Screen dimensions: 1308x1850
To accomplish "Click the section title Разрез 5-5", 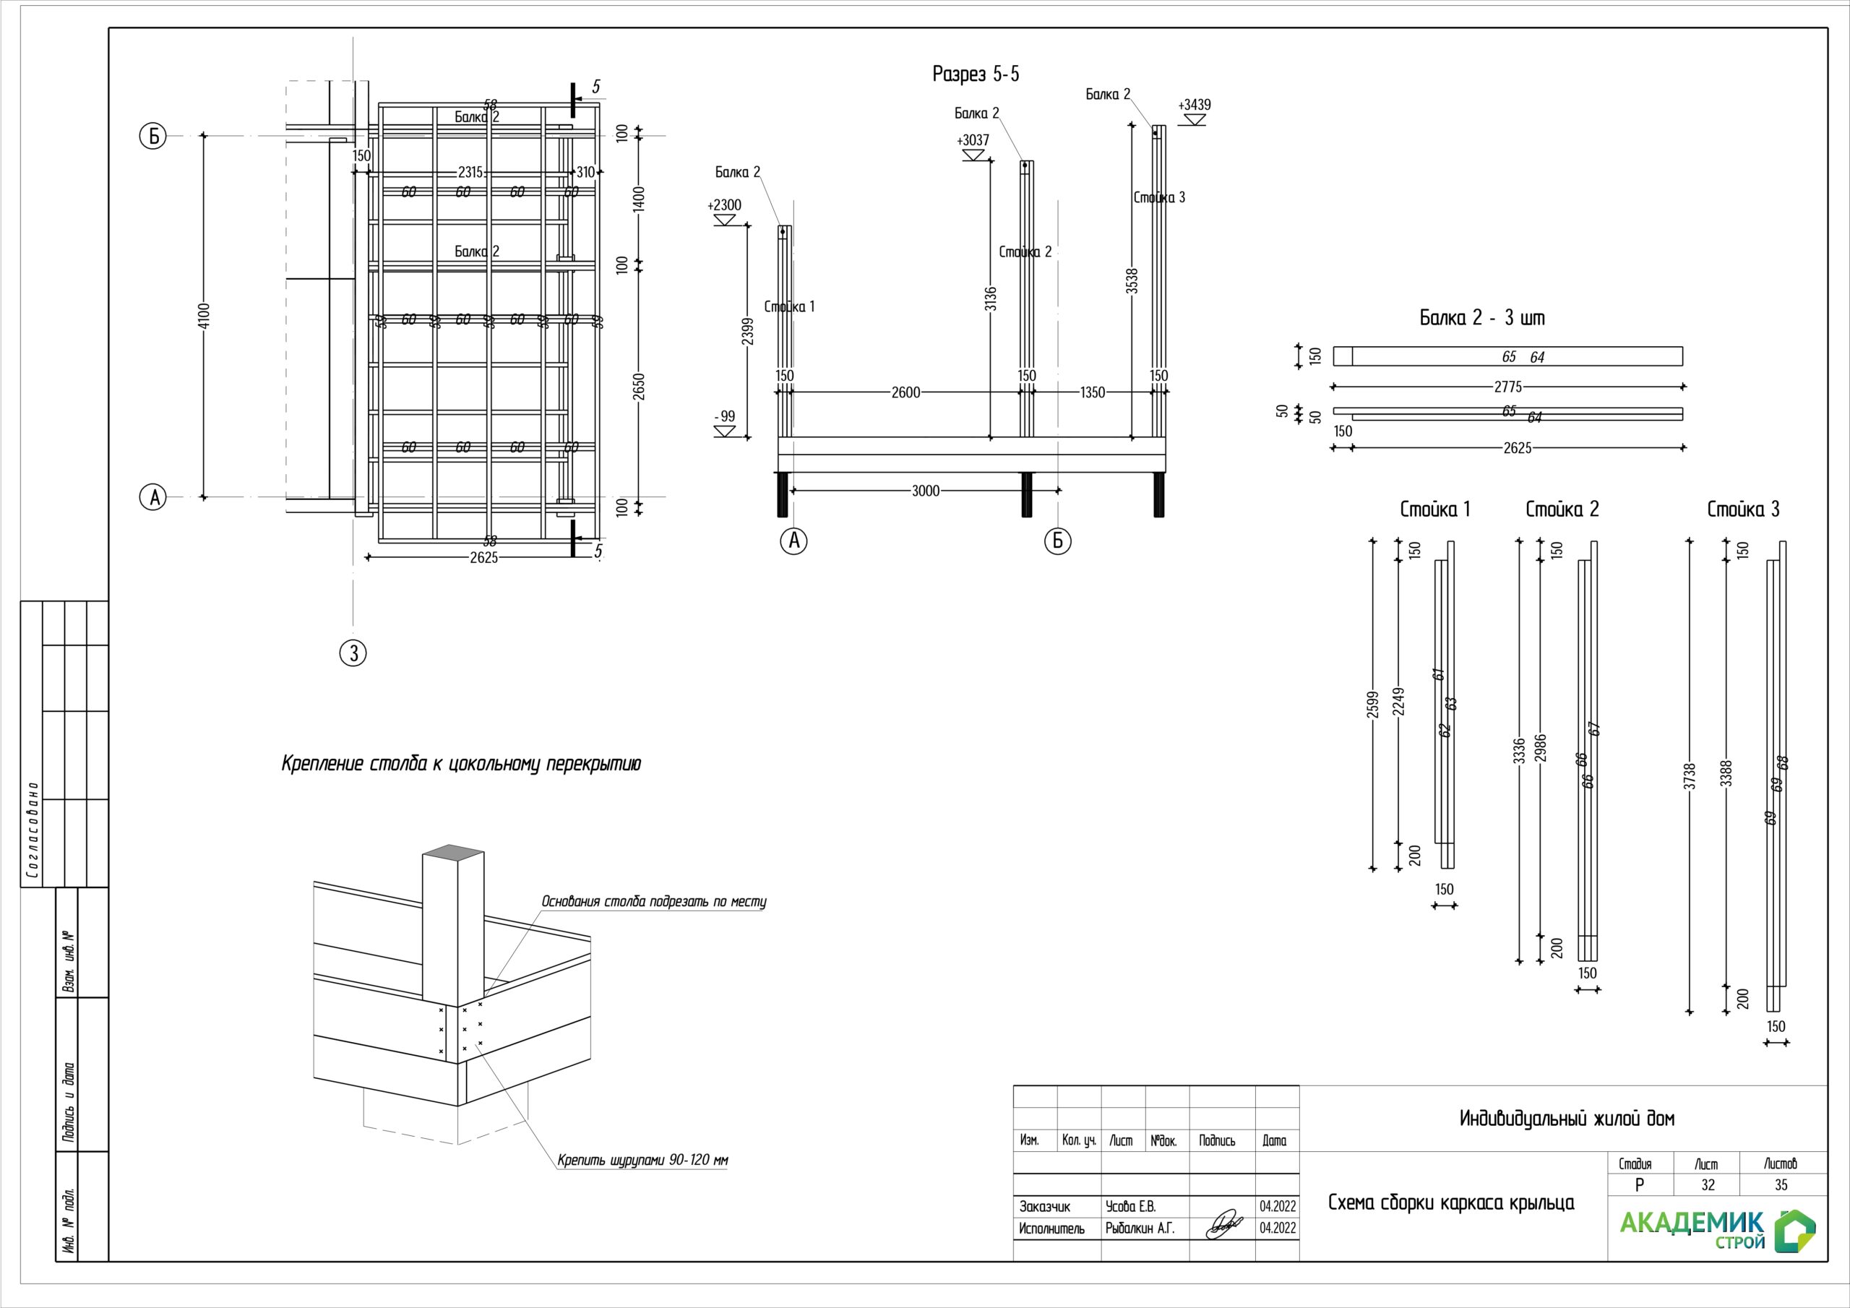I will point(975,74).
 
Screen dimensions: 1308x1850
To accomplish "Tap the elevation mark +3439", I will point(1194,106).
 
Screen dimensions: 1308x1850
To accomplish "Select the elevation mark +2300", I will point(724,205).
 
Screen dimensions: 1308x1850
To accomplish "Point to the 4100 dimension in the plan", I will point(204,315).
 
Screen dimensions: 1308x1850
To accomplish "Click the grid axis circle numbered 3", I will point(353,653).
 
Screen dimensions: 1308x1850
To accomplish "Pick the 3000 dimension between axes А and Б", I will point(925,491).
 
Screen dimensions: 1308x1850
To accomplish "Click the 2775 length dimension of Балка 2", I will point(1507,387).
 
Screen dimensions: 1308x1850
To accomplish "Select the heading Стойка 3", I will point(1743,509).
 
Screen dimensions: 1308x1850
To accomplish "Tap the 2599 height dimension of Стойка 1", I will point(1373,705).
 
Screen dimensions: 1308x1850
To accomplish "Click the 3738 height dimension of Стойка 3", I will point(1690,776).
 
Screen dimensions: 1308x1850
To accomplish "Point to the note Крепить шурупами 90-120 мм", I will point(643,1161).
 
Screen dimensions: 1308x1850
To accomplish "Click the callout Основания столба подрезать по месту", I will point(653,902).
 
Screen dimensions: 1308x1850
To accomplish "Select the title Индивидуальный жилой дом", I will point(1567,1119).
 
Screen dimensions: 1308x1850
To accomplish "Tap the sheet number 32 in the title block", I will point(1708,1184).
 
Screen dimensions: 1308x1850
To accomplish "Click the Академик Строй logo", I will point(1716,1229).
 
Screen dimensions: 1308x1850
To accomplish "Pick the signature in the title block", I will point(1223,1225).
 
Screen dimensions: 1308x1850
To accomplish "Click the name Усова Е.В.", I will point(1130,1206).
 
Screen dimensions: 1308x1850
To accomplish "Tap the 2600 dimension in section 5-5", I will point(905,392).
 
